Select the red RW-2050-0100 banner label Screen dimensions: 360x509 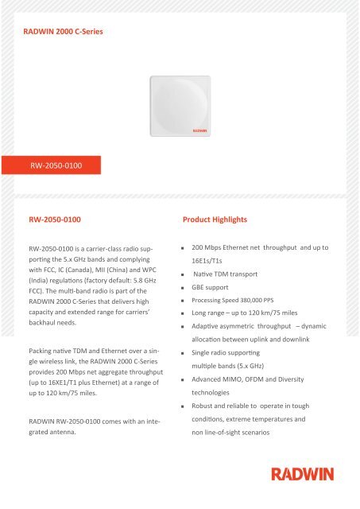(x=53, y=166)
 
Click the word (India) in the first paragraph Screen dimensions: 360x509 (x=37, y=292)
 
